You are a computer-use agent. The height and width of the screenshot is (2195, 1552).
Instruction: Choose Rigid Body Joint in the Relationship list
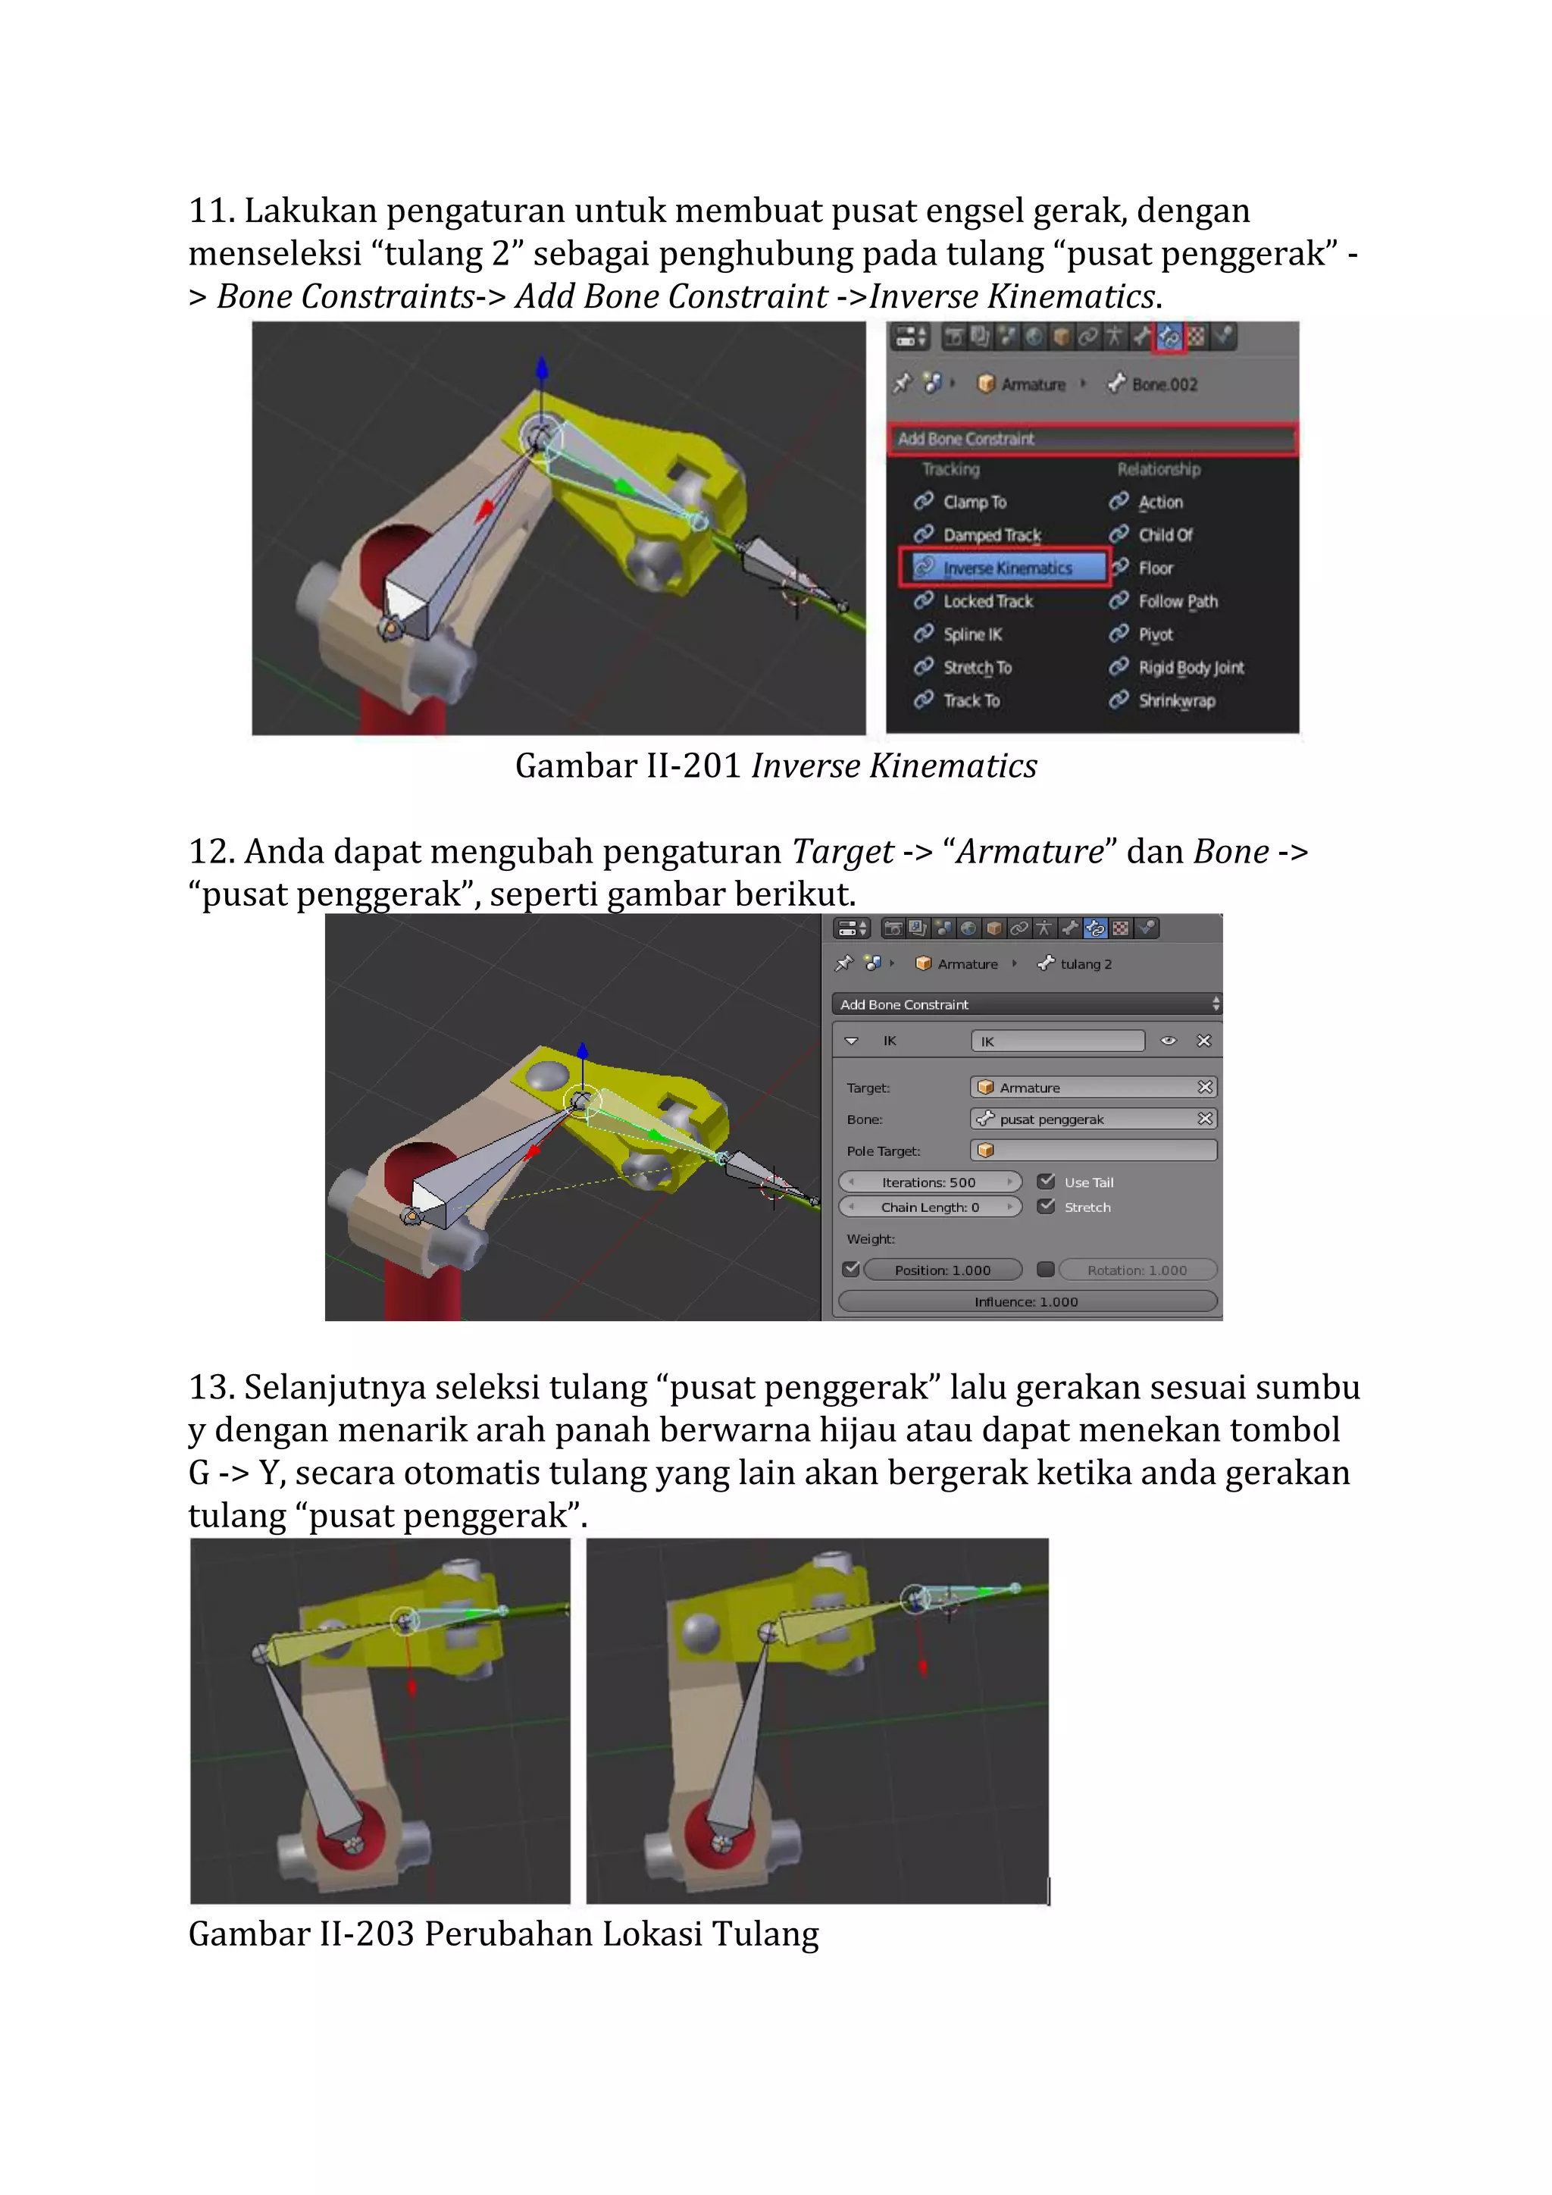coord(1190,667)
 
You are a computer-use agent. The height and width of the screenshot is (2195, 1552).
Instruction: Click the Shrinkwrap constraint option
coord(1175,701)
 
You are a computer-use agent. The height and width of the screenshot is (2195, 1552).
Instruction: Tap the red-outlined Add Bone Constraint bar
coord(1091,439)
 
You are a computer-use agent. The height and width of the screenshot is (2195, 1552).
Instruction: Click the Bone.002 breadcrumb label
coord(1163,384)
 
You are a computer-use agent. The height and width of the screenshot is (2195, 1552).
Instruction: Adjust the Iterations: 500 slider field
coord(929,1182)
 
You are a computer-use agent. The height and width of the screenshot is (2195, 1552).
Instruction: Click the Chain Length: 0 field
coord(929,1207)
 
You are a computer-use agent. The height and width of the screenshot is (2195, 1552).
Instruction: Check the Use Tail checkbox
coord(1047,1182)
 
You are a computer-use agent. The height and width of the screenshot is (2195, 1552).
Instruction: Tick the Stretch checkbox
coord(1047,1207)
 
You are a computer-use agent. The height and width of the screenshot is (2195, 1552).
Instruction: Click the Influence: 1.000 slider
coord(1026,1302)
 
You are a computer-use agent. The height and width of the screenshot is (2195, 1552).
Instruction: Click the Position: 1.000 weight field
coord(942,1270)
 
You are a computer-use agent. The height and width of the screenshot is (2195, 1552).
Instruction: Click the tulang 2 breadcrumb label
coord(1086,963)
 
